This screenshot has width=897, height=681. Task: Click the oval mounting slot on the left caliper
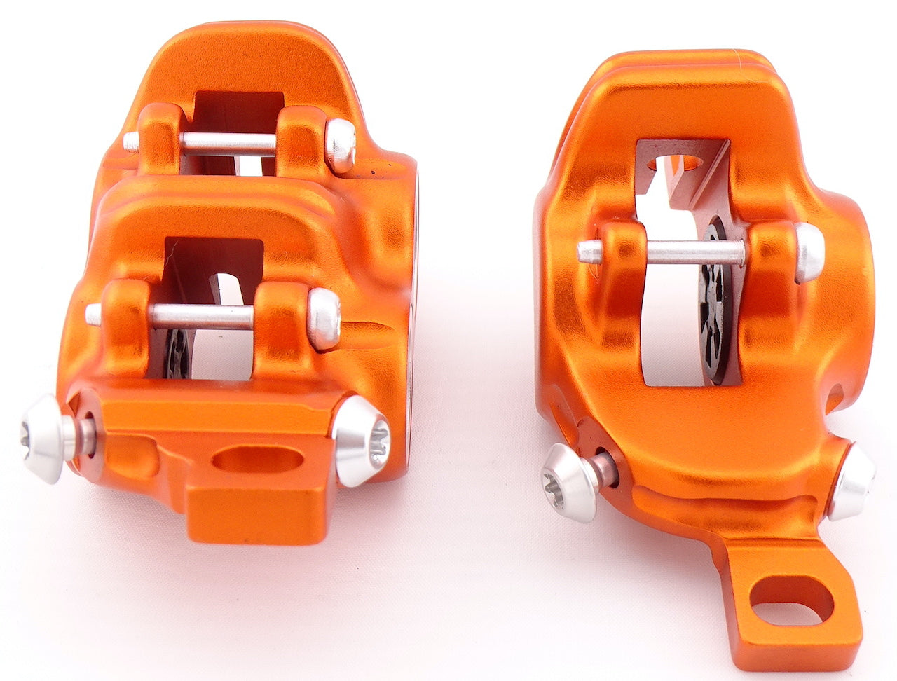256,460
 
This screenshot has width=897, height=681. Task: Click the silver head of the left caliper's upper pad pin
341,144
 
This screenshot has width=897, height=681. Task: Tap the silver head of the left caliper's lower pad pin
324,319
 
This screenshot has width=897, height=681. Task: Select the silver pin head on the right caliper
810,252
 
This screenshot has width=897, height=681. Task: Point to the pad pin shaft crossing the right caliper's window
694,252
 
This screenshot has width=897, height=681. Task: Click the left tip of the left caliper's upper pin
131,142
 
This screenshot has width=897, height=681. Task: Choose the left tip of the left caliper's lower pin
93,314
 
